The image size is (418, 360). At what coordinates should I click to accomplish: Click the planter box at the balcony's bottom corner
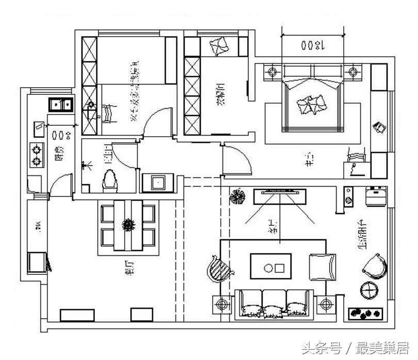coord(366,313)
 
